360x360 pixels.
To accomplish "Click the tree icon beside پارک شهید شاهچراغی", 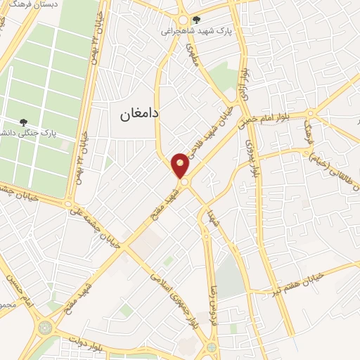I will point(195,20).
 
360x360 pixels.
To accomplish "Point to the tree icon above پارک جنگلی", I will point(25,122).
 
